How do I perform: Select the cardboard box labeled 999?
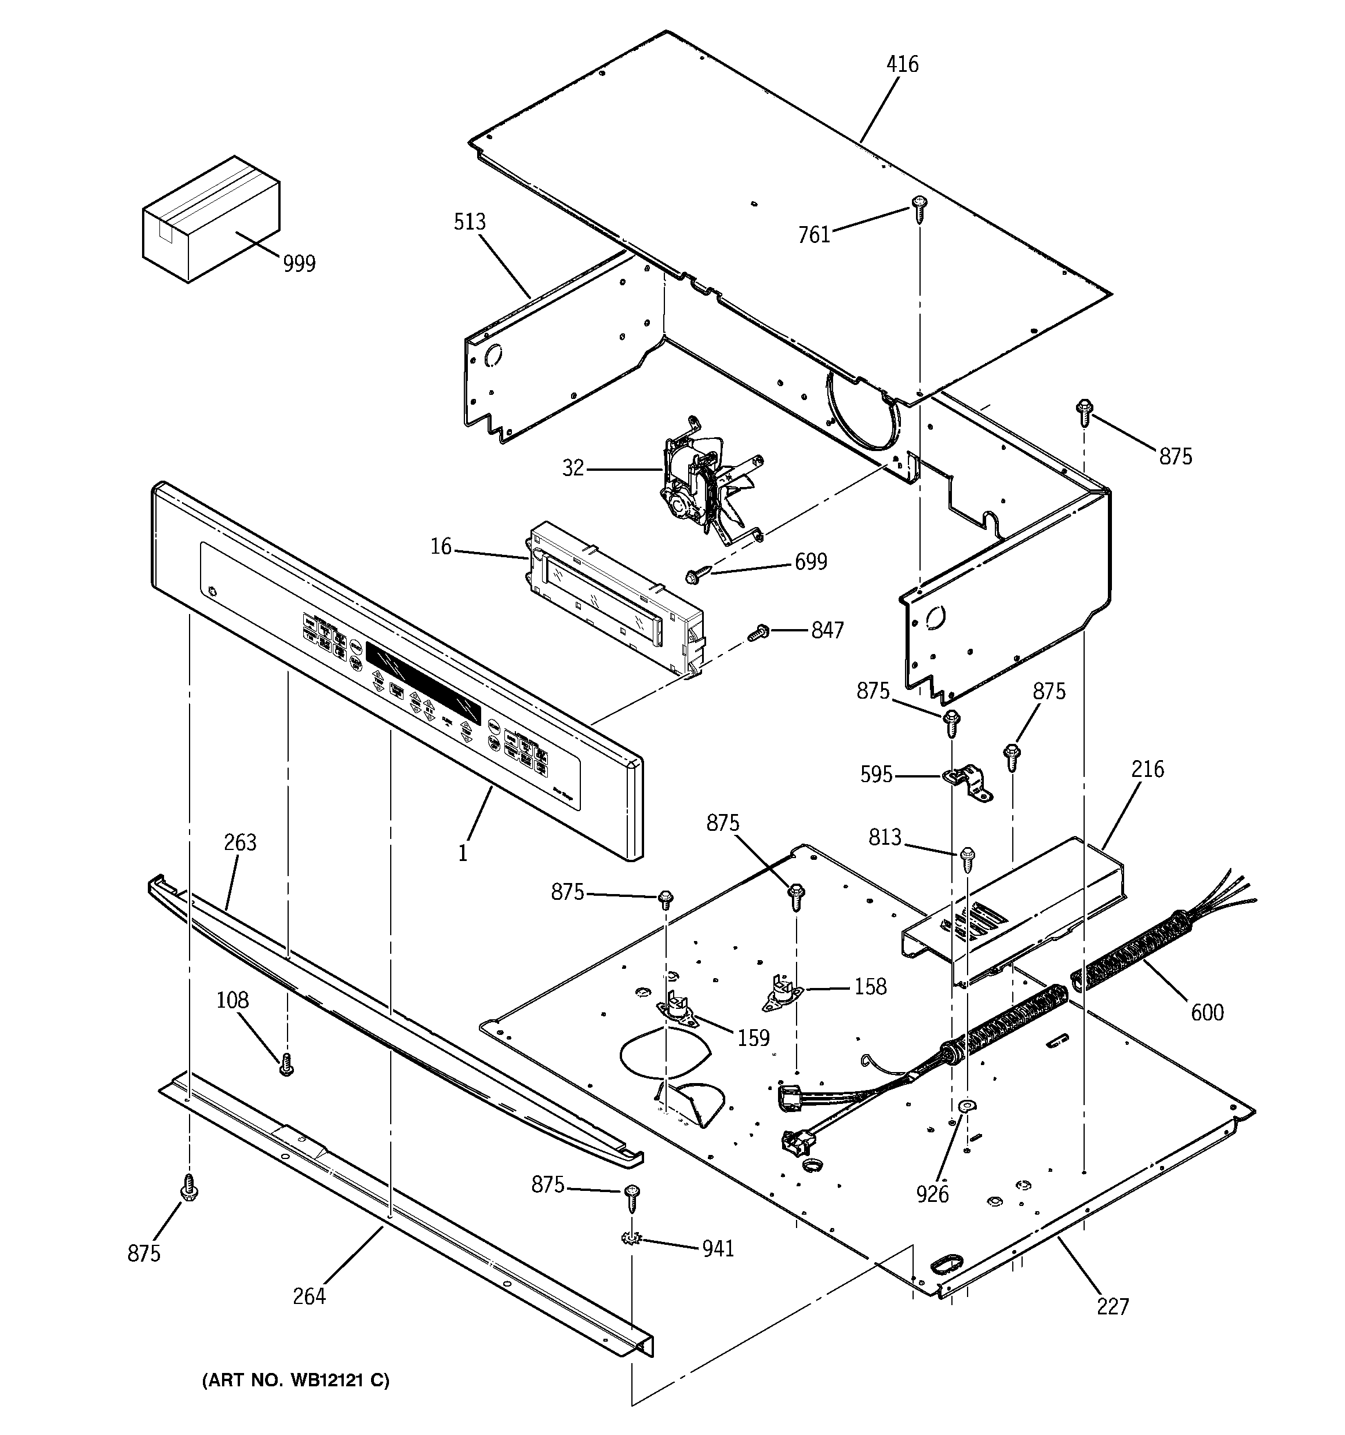(x=211, y=219)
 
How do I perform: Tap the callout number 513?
(x=469, y=222)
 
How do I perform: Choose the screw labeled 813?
(x=968, y=858)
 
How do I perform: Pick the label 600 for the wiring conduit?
(x=1206, y=1013)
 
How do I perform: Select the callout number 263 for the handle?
(x=241, y=842)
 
